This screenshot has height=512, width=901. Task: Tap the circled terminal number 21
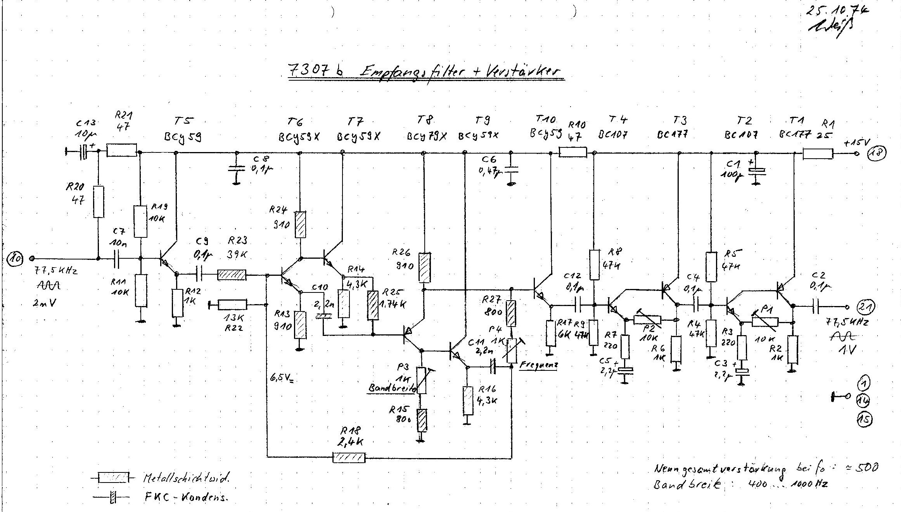866,307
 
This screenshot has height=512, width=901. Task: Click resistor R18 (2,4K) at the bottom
349,458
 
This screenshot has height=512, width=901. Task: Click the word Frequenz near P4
538,365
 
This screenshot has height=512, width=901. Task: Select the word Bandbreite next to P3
392,387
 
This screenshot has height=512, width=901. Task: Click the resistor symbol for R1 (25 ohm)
818,154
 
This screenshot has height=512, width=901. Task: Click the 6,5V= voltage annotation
282,377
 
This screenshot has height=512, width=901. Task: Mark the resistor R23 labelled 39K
232,275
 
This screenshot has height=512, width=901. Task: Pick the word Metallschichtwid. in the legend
186,478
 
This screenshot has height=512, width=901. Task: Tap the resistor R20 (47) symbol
99,202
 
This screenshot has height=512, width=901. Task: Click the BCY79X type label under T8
427,137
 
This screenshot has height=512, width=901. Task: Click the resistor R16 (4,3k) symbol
468,400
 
